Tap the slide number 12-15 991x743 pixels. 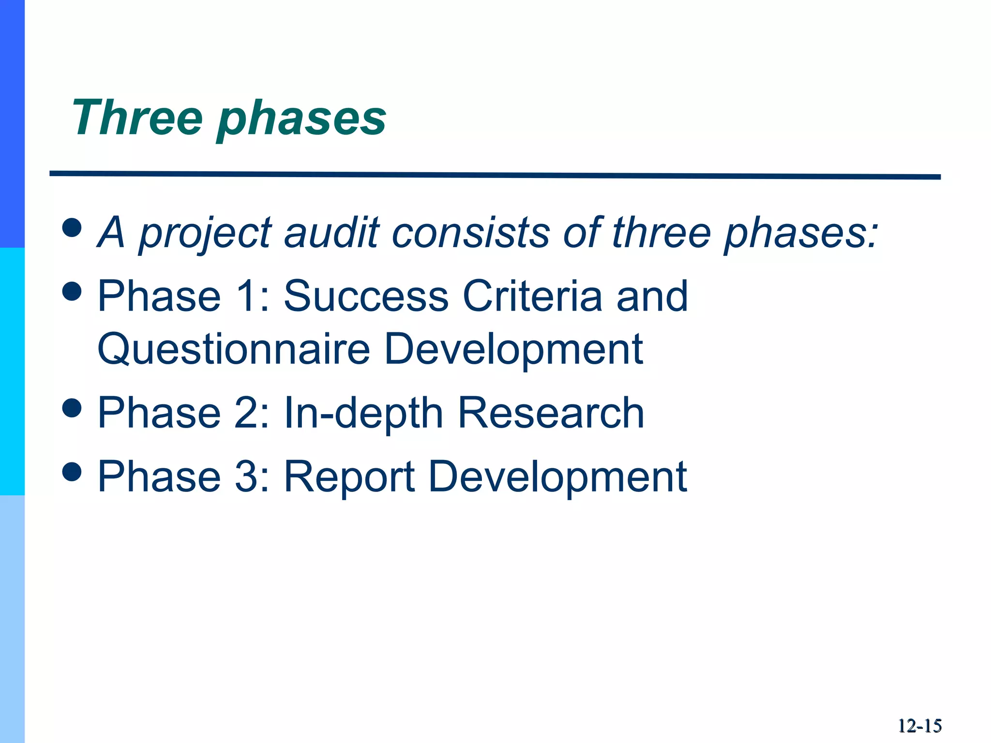[919, 726]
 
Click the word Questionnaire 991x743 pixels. [234, 349]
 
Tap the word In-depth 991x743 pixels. [363, 413]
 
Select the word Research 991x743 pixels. [551, 413]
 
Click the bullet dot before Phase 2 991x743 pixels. [72, 407]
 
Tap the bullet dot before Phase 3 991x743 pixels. [72, 471]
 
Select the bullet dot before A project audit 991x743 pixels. [72, 227]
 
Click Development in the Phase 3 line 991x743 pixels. [557, 477]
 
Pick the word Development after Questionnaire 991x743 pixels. [513, 349]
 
